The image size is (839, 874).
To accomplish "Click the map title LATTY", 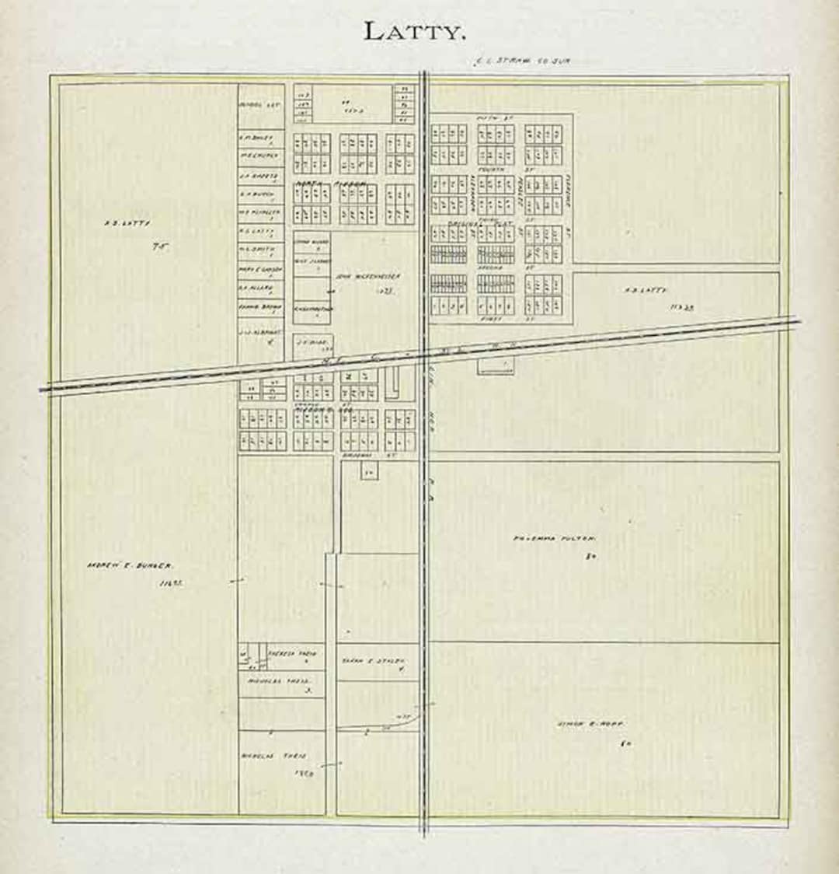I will coord(415,32).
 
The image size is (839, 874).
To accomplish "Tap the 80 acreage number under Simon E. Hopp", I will coord(625,745).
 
